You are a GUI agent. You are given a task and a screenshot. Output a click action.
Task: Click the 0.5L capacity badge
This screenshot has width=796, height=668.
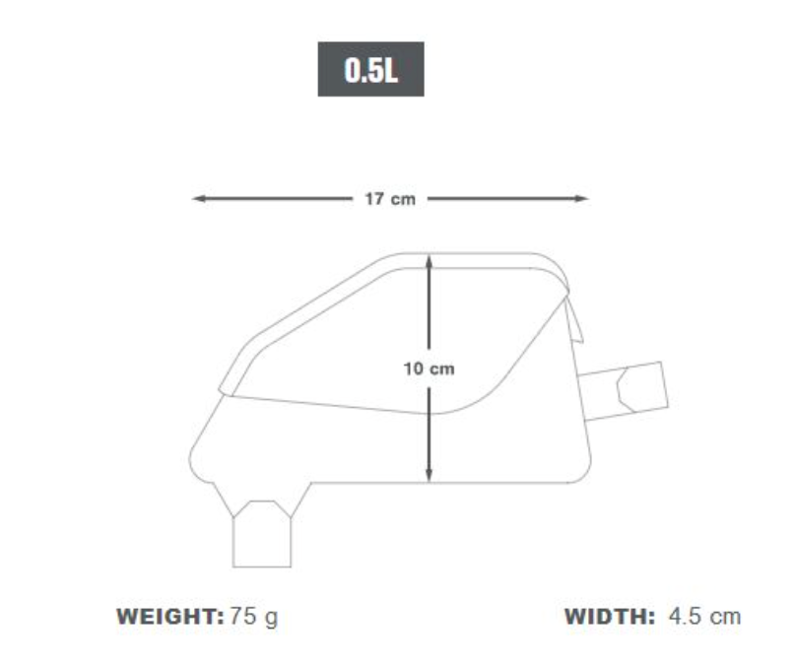pos(370,69)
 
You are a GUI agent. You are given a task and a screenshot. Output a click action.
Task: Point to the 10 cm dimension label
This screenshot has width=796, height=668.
pos(429,368)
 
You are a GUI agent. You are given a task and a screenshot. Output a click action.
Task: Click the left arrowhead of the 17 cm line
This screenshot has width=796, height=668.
pos(198,199)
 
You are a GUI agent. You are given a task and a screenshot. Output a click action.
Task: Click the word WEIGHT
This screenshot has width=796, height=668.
pos(170,618)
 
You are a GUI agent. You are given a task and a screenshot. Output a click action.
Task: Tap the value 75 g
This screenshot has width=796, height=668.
pos(253,618)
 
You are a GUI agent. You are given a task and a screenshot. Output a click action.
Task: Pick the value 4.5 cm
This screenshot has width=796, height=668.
pos(703,618)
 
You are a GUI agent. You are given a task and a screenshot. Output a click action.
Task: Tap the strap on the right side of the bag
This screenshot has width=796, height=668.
pos(640,387)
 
